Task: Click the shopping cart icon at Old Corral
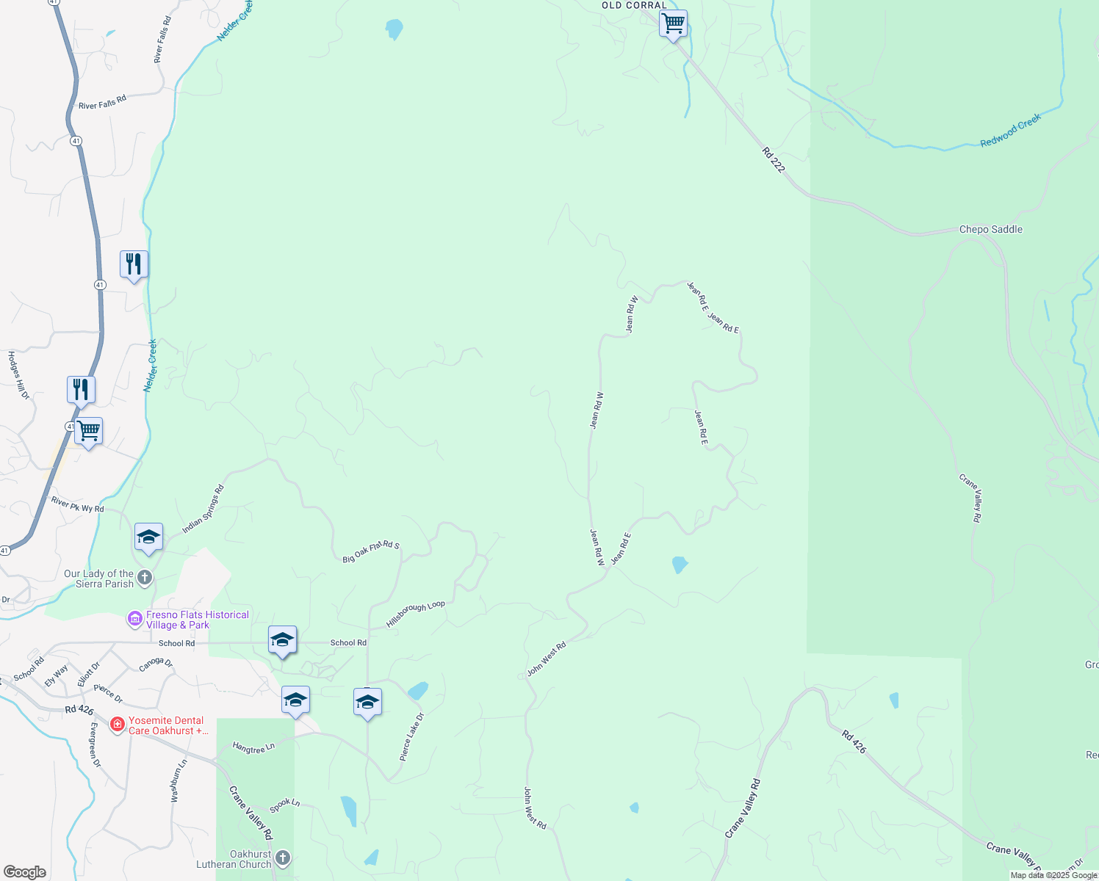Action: point(673,24)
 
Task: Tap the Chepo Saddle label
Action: point(990,229)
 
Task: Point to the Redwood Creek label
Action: point(1011,131)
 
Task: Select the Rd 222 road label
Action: point(774,160)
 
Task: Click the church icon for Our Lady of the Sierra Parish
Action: point(145,578)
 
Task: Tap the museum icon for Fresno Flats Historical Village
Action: point(134,620)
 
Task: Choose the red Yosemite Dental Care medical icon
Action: point(117,725)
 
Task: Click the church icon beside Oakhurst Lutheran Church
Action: point(283,858)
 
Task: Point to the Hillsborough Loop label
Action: point(416,614)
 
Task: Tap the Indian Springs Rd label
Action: point(203,509)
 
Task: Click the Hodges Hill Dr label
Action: point(18,375)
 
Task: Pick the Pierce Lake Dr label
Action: point(412,736)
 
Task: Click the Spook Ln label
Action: point(285,805)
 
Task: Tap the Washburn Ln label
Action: point(179,780)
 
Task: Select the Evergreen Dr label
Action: point(94,744)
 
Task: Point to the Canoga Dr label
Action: point(156,664)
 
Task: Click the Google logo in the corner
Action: point(24,872)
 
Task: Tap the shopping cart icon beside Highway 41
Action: point(88,431)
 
